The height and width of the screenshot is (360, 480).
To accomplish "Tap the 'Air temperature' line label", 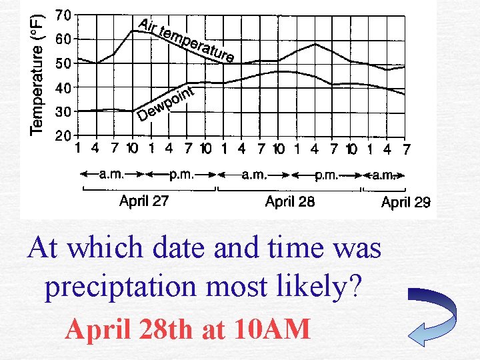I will pyautogui.click(x=186, y=40).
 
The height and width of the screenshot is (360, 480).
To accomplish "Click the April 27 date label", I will pyautogui.click(x=144, y=200).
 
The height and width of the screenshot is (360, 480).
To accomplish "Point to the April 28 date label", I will pyautogui.click(x=290, y=201).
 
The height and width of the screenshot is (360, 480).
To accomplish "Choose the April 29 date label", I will pyautogui.click(x=406, y=202).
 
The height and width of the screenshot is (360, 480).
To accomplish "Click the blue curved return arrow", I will pyautogui.click(x=433, y=313).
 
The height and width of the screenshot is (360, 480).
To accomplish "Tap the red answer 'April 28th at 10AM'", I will pyautogui.click(x=188, y=328).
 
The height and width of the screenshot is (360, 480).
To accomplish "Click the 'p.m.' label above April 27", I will pyautogui.click(x=180, y=175).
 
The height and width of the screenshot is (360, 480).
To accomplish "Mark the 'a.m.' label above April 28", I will pyautogui.click(x=254, y=175).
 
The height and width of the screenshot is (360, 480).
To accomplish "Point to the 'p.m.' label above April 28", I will pyautogui.click(x=327, y=175).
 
